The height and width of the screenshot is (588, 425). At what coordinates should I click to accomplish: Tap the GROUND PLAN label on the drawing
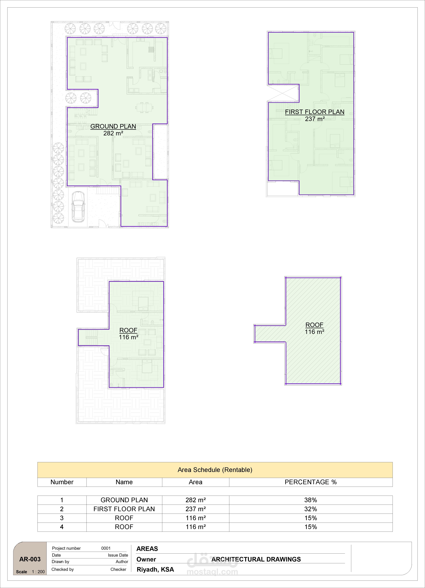coord(113,126)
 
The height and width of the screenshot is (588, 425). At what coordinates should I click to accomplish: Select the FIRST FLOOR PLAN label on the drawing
coord(315,112)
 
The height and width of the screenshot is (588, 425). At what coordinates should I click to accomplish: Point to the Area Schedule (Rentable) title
coord(215,470)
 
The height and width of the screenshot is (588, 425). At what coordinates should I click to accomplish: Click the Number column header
coord(62,482)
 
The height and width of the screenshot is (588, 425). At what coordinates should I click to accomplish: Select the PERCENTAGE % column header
coord(311,482)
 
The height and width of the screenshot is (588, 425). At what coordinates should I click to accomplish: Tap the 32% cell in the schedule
coord(311,509)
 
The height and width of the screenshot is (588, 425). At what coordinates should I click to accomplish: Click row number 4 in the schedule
coord(62,527)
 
